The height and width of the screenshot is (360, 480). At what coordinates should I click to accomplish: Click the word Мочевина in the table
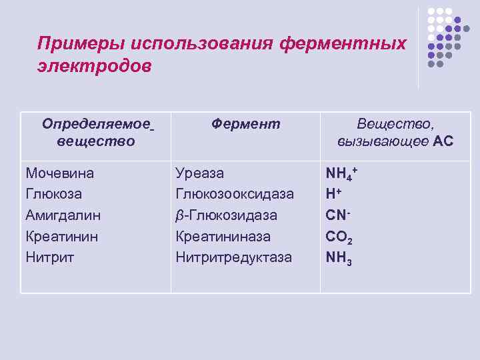point(59,173)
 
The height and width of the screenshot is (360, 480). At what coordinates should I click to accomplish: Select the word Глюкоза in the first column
point(54,194)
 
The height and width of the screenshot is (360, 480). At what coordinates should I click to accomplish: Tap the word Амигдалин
point(63,215)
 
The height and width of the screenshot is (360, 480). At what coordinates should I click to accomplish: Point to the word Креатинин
point(61,236)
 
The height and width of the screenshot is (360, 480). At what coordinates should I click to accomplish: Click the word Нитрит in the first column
point(49,257)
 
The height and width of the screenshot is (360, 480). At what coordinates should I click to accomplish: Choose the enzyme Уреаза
point(200,173)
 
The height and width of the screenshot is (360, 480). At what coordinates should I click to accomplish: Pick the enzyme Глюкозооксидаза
point(234,194)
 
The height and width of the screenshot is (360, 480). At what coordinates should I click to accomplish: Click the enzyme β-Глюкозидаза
point(226,215)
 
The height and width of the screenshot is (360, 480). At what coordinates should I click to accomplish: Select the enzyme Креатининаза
point(223,236)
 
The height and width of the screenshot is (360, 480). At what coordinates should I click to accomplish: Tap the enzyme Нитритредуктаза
point(233,257)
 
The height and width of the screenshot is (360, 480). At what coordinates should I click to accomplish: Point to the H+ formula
point(333,194)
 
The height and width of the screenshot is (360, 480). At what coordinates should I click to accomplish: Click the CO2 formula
point(339,237)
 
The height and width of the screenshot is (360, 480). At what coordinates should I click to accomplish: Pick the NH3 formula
point(339,257)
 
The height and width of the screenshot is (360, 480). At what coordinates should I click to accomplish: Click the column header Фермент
point(246,124)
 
